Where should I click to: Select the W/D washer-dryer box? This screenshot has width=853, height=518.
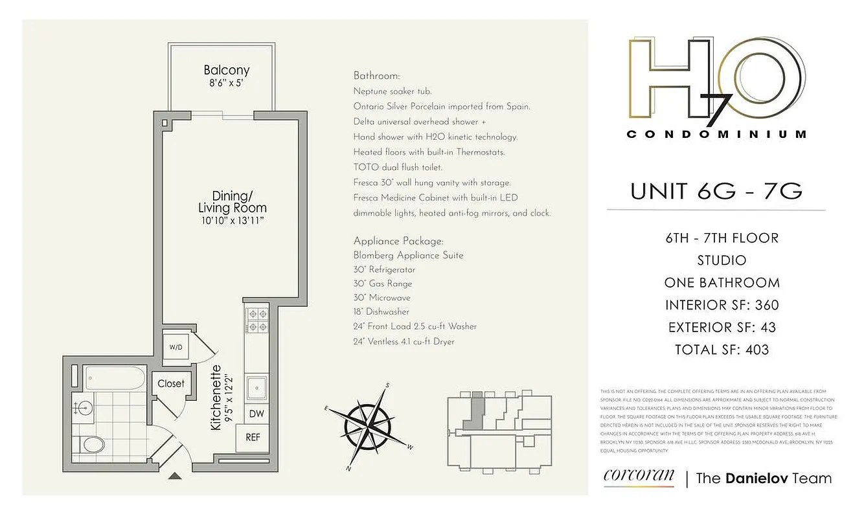176,346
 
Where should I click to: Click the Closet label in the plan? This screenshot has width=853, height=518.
171,383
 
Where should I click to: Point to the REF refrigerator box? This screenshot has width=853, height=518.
253,437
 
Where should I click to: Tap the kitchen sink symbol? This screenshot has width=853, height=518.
256,388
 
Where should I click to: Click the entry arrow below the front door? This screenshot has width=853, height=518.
175,477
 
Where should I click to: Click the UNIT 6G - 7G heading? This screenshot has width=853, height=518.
716,191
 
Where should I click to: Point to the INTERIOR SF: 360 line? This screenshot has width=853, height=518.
722,305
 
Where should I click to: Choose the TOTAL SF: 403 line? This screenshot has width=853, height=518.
722,350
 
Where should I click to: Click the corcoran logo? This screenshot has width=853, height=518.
639,477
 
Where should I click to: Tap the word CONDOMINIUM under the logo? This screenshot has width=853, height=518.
716,135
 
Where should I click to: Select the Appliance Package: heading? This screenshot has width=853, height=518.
398,240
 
